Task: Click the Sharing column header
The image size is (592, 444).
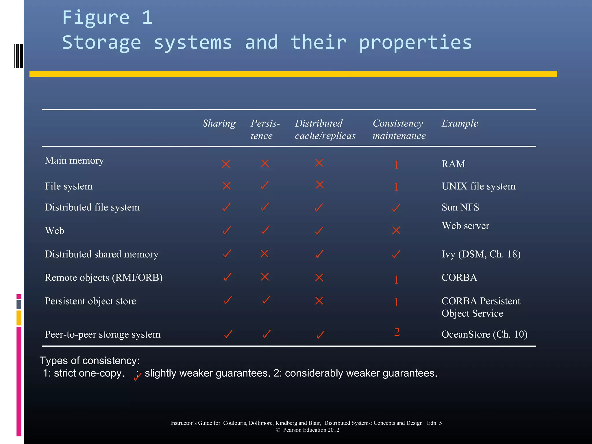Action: point(219,123)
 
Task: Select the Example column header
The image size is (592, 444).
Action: point(460,123)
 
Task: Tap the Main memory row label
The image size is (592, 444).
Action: point(74,160)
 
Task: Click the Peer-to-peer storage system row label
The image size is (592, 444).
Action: point(102,334)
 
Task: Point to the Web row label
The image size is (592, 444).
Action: point(55,231)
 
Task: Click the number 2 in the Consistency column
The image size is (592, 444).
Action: point(397,332)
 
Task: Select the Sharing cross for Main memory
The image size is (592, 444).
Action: point(226,164)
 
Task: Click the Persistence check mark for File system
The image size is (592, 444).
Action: point(264,185)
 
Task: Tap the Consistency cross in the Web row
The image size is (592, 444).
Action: point(396,230)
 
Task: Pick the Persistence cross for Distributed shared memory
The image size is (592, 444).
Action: point(264,254)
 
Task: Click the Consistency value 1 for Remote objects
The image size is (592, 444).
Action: point(396,280)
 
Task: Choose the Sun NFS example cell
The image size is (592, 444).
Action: point(460,207)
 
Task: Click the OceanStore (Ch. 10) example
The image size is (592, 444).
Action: point(484,334)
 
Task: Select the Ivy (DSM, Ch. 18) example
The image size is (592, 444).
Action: point(481,254)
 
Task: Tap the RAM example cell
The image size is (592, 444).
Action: point(453,164)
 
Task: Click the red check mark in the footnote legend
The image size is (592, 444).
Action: point(137,377)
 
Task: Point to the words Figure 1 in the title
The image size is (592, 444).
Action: point(107,17)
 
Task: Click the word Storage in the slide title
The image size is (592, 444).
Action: point(101,42)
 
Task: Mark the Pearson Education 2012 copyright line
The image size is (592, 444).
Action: point(308,430)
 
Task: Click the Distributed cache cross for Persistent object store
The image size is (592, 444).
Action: point(319,301)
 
